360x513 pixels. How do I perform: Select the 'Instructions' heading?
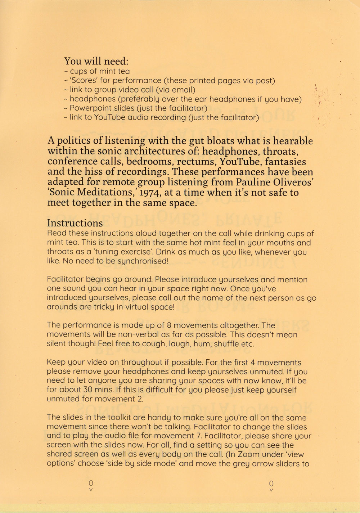click(x=75, y=223)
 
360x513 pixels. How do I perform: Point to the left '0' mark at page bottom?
click(x=91, y=483)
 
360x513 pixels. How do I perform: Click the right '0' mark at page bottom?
click(x=271, y=483)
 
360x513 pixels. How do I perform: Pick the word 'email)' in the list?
click(x=183, y=90)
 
